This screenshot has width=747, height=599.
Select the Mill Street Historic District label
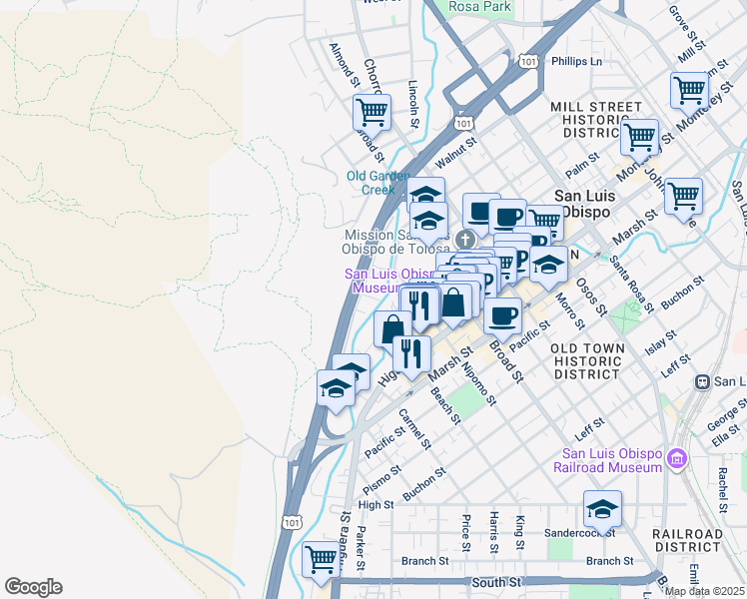pos(595,119)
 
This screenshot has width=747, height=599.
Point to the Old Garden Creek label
pos(377,183)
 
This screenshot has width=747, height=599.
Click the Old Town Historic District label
pos(587,360)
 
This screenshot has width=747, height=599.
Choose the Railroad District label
pos(687,541)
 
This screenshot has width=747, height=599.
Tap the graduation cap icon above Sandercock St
pos(602,509)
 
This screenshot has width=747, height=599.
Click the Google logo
pos(33,587)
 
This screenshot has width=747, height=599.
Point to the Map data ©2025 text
pos(704,591)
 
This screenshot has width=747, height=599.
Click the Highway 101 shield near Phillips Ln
pos(527,62)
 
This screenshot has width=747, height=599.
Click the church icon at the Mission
pos(465,238)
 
